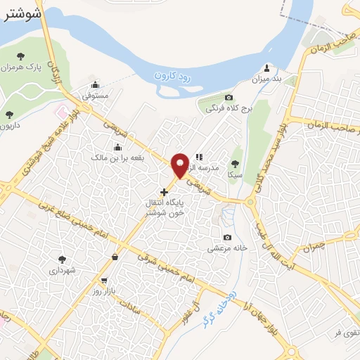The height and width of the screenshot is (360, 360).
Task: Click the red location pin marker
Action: click(x=180, y=164)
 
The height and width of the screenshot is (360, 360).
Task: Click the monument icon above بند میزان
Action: click(x=267, y=68)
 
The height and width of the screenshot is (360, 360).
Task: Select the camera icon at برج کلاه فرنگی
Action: click(x=229, y=98)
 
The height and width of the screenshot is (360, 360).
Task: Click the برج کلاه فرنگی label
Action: click(x=225, y=109)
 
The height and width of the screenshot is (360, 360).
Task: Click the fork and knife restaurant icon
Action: click(x=199, y=157)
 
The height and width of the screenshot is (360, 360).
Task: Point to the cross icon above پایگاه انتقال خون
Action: click(x=164, y=192)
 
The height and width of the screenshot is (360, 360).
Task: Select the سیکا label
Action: click(x=235, y=174)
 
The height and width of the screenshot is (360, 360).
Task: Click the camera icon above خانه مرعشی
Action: click(x=226, y=238)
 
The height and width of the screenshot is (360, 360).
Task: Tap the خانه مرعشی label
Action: click(x=225, y=248)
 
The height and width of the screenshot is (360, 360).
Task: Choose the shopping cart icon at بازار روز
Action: click(x=104, y=281)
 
